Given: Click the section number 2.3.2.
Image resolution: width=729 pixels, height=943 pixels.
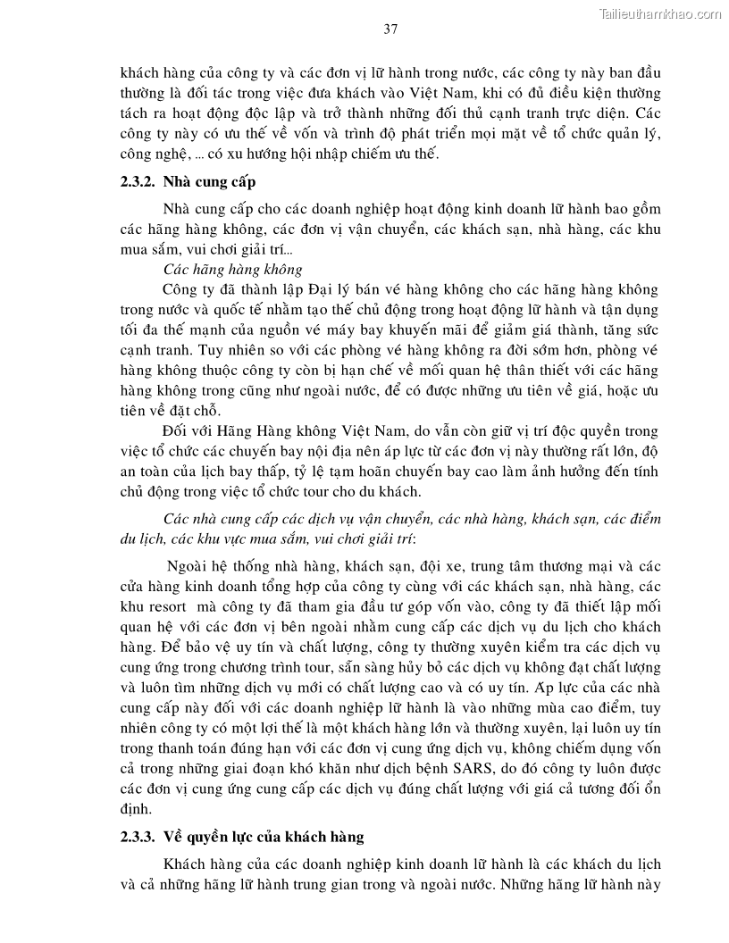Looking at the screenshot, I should coord(141,182).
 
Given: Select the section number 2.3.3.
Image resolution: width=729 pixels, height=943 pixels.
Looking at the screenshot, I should coord(141,837).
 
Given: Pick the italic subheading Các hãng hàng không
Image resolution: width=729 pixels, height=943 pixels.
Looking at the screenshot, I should coord(232,269).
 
